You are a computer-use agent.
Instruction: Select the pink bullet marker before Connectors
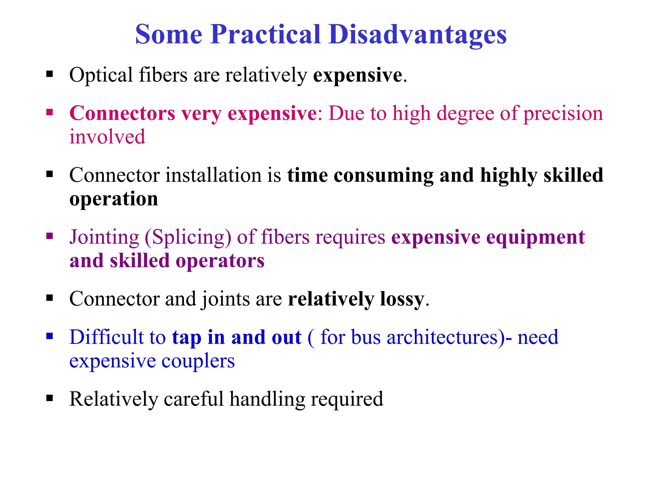(x=49, y=112)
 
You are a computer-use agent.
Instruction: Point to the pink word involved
(x=107, y=137)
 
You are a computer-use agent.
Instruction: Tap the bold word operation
(x=114, y=199)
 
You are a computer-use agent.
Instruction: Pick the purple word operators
(x=220, y=261)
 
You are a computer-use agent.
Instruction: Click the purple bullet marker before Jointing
(x=49, y=236)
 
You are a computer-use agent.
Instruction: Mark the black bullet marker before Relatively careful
(x=49, y=398)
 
